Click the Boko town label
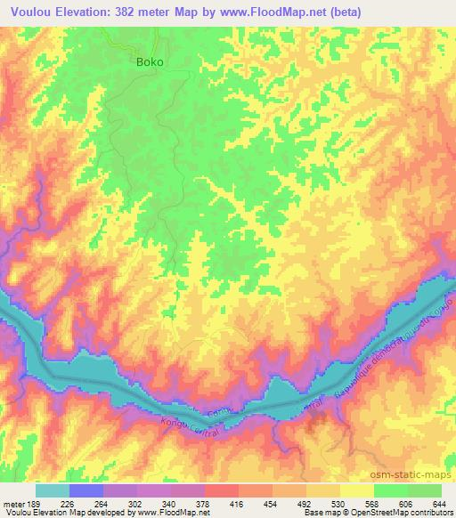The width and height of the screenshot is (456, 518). pos(150,62)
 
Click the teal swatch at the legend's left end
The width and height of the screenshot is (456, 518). pos(53,490)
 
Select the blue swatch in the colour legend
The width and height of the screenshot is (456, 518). pos(86,490)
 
